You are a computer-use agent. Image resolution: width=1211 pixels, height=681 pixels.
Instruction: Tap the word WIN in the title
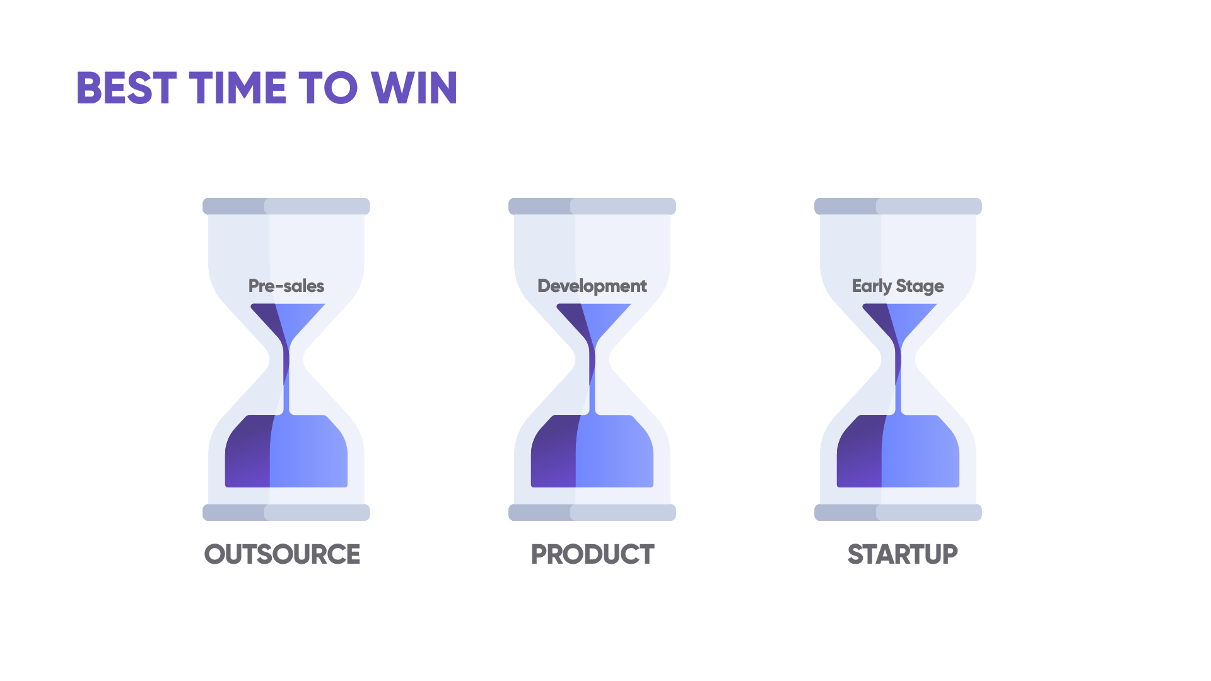point(414,88)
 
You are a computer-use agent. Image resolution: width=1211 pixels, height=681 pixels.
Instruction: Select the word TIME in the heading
point(238,88)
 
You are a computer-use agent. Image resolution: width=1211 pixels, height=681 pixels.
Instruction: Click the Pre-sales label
point(286,286)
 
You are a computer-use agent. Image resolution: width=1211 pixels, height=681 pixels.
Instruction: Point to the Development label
point(592,286)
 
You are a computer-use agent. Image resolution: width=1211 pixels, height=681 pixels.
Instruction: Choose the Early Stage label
point(898,286)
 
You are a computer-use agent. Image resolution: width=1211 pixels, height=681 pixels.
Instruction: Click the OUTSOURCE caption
point(282,554)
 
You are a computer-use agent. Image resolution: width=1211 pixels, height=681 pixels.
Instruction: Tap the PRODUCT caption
point(592,554)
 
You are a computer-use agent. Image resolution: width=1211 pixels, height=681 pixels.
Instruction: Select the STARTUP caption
point(903,554)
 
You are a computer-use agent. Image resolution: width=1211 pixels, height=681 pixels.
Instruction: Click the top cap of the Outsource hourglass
point(286,206)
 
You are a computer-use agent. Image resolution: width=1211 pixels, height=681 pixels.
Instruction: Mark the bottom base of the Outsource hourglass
point(286,512)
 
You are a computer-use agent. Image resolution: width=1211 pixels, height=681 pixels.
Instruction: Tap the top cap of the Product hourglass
point(592,206)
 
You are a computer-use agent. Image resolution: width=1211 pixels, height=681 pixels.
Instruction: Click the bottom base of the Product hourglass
point(592,512)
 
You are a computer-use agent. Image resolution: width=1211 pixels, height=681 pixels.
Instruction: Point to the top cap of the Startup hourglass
point(898,206)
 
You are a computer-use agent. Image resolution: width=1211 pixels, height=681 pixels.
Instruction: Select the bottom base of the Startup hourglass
point(898,512)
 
